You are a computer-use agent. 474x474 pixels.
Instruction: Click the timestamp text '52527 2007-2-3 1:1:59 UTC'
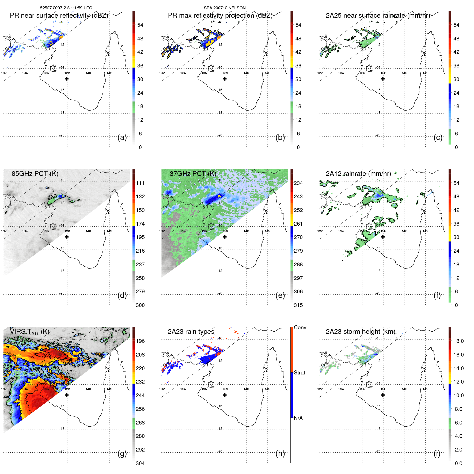pos(66,8)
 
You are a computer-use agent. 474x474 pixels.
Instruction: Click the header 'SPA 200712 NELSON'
pos(225,8)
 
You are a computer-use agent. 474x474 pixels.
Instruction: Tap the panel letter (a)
pos(122,137)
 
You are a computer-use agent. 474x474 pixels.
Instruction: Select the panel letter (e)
pos(280,295)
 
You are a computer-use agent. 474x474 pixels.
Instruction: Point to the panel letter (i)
pos(437,453)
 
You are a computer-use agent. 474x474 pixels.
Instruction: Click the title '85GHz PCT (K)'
pos(35,173)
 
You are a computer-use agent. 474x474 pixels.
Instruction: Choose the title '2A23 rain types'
pos(191,332)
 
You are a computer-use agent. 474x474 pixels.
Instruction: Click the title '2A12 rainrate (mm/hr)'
pos(358,173)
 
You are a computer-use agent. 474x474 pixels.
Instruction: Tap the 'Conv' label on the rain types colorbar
pos(300,327)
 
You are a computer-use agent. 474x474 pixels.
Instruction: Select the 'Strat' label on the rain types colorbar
pos(299,373)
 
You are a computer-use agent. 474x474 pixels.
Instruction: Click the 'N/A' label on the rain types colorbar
pos(298,418)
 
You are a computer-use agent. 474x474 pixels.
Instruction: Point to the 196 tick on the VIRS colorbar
pos(140,341)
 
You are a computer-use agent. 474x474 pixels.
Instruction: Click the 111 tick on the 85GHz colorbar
pos(140,183)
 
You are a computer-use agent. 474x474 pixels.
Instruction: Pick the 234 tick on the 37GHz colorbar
pos(298,183)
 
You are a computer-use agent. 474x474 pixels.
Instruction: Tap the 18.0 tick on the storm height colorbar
pos(458,341)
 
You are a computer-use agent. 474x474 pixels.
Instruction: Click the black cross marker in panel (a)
pos(67,79)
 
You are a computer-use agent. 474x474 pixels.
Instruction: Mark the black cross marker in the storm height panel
pos(383,395)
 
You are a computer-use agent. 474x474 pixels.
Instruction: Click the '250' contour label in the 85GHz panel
pos(52,197)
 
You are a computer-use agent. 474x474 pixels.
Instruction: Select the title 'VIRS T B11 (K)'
pos(29,332)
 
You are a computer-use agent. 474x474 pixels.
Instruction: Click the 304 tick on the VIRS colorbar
pos(140,463)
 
